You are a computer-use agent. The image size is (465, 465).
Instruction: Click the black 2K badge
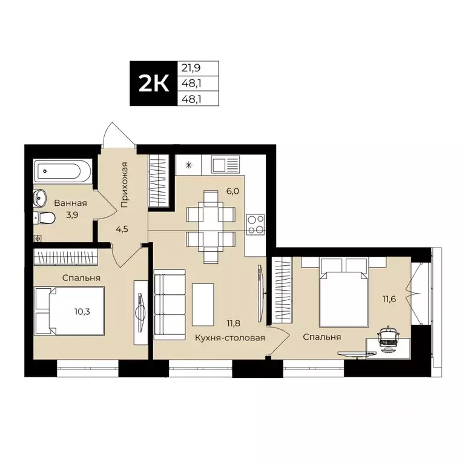click(153, 84)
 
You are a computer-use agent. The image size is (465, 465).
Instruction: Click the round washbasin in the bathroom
click(41, 197)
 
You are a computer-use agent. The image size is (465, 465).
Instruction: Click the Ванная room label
click(70, 204)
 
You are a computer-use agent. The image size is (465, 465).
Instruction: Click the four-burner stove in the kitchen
click(255, 223)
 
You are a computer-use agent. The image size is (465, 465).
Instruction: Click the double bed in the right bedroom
click(344, 291)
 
